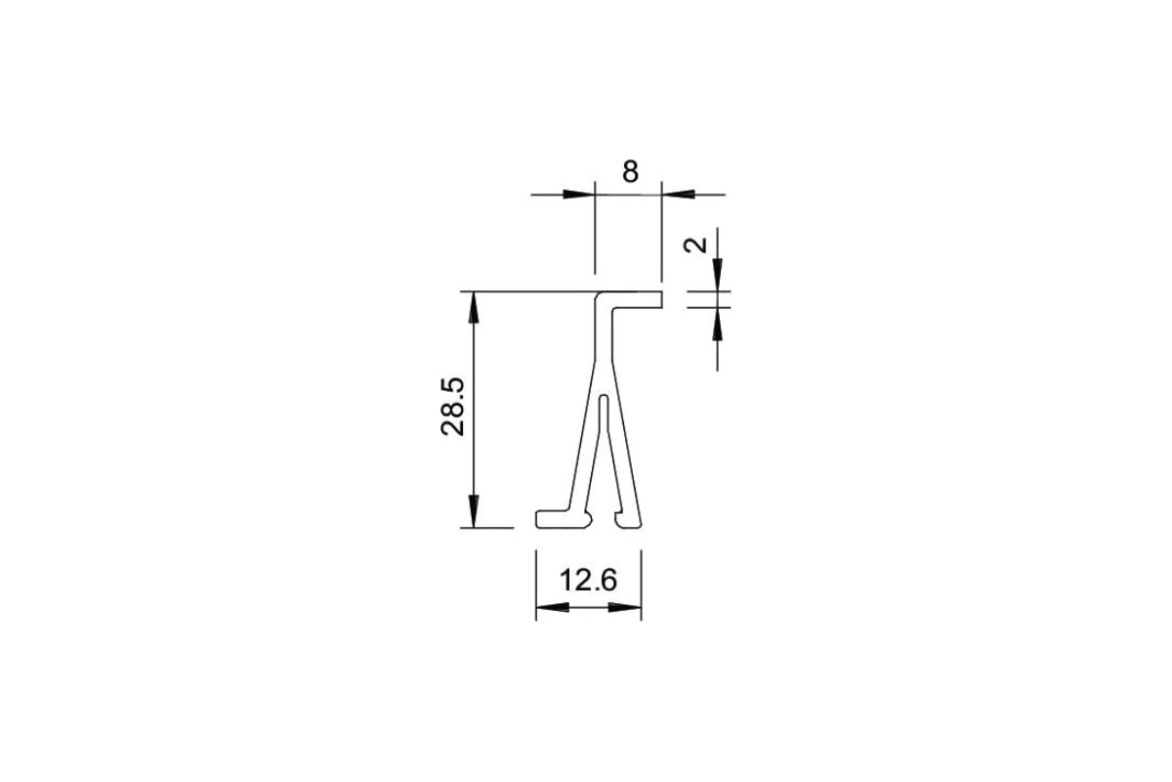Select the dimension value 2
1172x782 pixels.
pyautogui.click(x=695, y=245)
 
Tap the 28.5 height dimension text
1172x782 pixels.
pyautogui.click(x=452, y=407)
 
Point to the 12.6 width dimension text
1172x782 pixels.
pyautogui.click(x=589, y=581)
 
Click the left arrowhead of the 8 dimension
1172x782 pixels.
pyautogui.click(x=579, y=195)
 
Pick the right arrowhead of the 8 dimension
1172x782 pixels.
pyautogui.click(x=678, y=195)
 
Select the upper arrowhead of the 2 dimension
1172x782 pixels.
pyautogui.click(x=717, y=275)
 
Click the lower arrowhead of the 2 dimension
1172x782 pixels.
pyautogui.click(x=717, y=325)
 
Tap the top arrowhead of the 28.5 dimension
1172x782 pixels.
pyautogui.click(x=474, y=308)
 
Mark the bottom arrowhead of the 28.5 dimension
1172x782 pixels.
pyautogui.click(x=474, y=511)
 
